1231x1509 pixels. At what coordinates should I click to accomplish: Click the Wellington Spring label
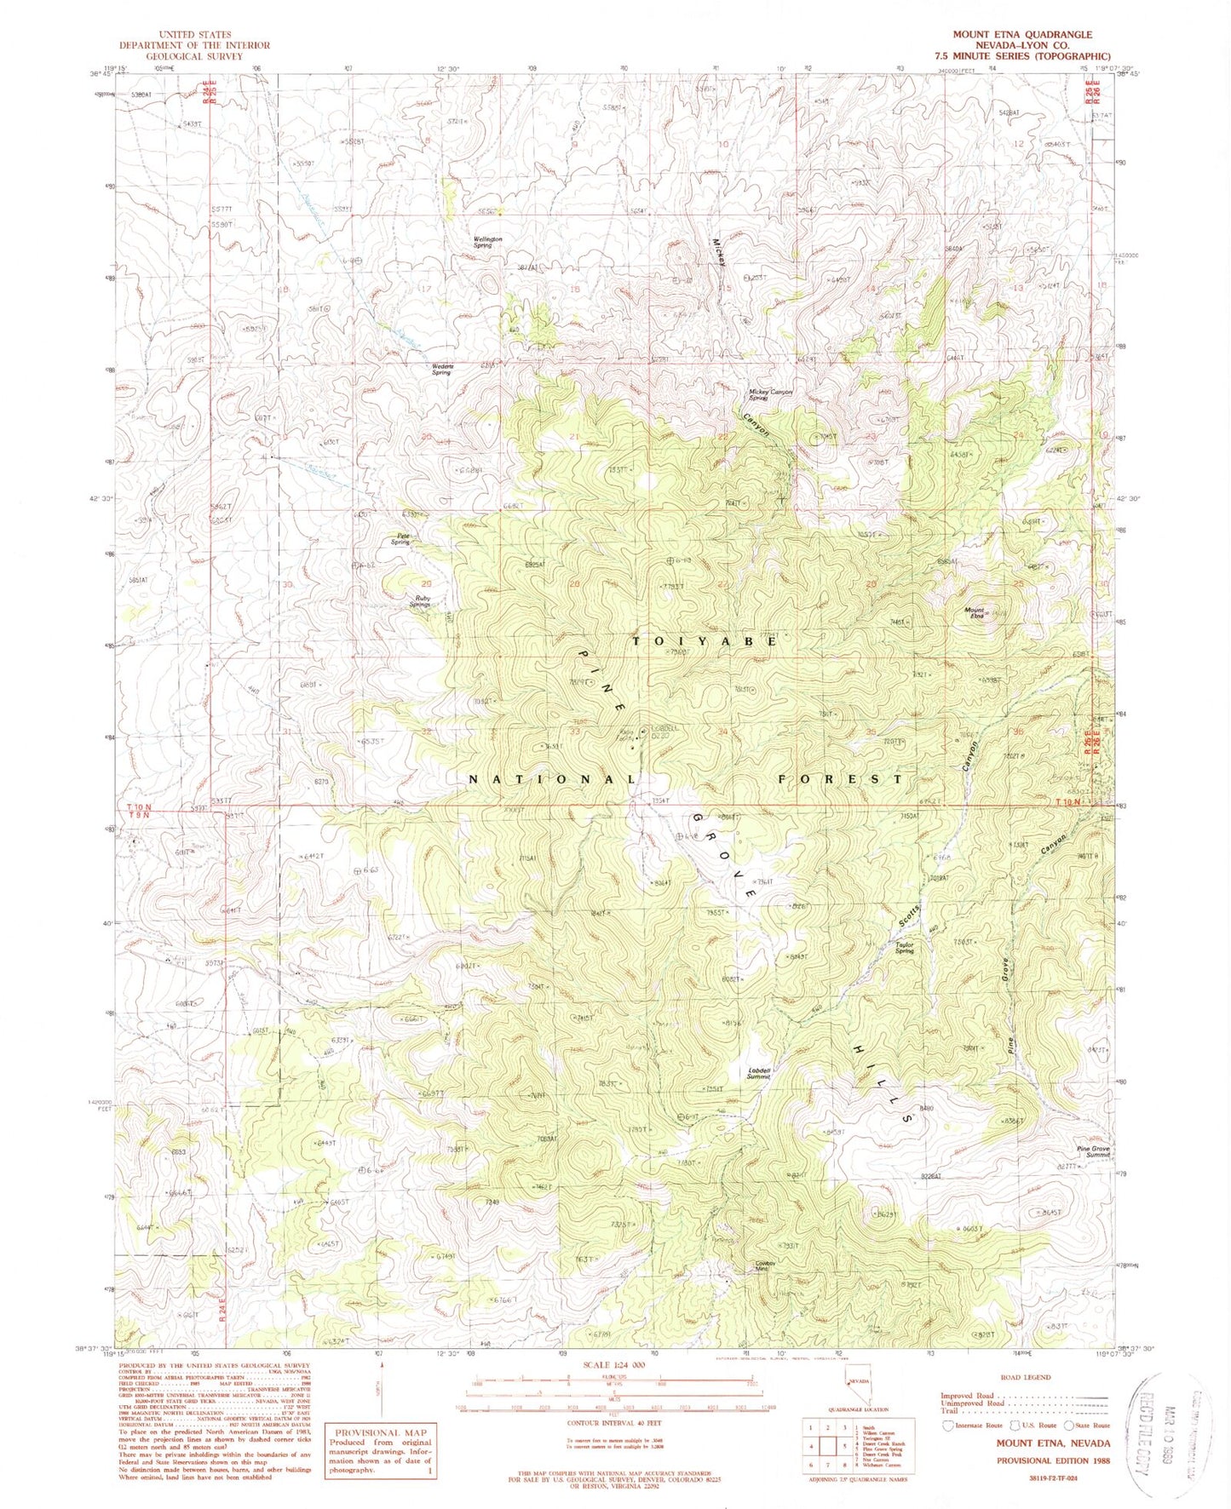pos(487,241)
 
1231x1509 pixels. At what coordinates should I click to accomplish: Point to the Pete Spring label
pos(400,538)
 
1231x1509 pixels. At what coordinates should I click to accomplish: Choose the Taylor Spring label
pos(903,947)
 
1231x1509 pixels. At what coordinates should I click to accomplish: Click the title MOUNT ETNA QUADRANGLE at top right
pos(1021,35)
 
